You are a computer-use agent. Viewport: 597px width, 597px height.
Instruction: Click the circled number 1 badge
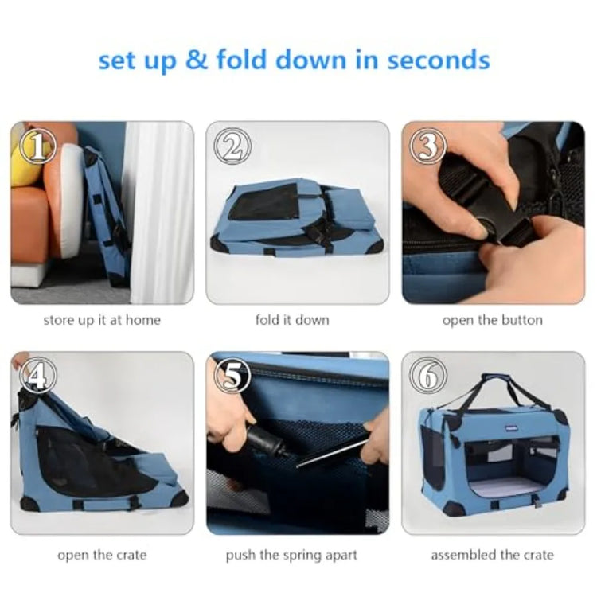(37, 146)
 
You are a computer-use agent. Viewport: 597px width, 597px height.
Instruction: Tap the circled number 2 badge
(232, 146)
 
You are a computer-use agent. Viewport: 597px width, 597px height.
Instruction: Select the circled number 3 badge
(428, 146)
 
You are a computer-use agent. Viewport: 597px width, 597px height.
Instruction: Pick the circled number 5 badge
(232, 377)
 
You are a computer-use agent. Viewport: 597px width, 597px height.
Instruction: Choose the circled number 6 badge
(428, 377)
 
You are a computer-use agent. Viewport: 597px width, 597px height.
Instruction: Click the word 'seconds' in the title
(439, 61)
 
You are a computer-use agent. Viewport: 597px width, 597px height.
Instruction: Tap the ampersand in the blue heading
(197, 60)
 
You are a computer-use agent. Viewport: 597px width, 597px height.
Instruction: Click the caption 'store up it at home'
(102, 320)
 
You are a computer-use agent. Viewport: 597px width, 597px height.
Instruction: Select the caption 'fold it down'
(292, 320)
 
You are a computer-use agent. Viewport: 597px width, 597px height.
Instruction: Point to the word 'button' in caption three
(522, 320)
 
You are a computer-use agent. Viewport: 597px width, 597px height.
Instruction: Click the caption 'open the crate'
(102, 555)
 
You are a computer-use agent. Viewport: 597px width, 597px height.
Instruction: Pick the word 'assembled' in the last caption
(463, 555)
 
